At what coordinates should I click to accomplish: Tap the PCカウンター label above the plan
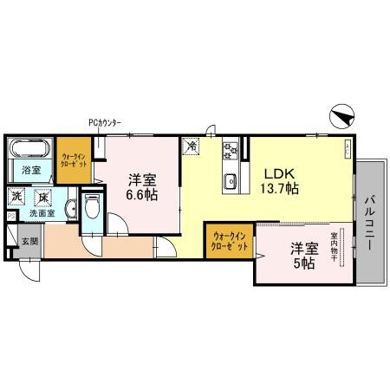(x=105, y=123)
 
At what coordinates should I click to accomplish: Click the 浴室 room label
(x=31, y=170)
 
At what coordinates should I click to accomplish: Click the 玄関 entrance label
(x=29, y=240)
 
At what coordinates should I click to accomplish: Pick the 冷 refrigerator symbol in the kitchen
(x=192, y=146)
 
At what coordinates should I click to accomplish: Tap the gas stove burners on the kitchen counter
(x=230, y=151)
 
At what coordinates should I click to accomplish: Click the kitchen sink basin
(x=231, y=180)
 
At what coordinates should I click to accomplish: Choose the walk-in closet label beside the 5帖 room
(x=230, y=240)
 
